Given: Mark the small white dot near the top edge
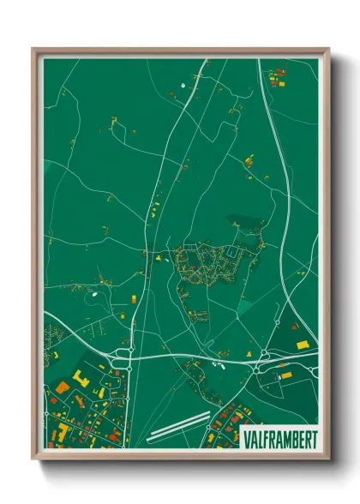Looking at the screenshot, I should pyautogui.click(x=183, y=85).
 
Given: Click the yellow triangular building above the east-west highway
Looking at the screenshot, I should pyautogui.click(x=159, y=255).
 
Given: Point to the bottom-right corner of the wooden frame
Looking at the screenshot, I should pyautogui.click(x=327, y=458).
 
